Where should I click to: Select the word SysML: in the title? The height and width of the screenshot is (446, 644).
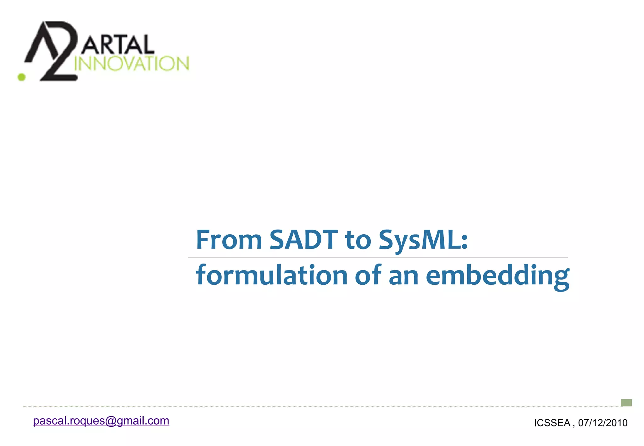(x=423, y=240)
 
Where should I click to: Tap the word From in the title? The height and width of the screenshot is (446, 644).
(x=229, y=240)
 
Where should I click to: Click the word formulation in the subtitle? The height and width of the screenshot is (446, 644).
(x=271, y=275)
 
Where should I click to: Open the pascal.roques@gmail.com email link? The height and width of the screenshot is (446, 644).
(x=101, y=421)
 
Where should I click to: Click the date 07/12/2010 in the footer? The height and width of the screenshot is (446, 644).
(x=602, y=423)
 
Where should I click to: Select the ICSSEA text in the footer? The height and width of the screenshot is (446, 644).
(x=552, y=423)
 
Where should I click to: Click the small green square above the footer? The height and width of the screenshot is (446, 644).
(x=626, y=403)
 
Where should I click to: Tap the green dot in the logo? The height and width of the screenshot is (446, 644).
(x=21, y=77)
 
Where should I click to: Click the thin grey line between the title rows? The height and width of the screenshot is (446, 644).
(x=377, y=258)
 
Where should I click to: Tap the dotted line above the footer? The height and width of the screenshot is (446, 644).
(x=314, y=406)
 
